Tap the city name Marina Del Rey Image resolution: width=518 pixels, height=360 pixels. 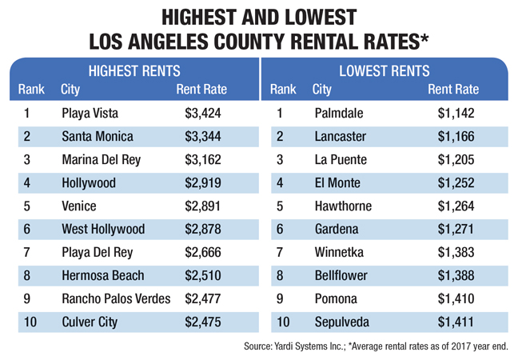pyautogui.click(x=101, y=159)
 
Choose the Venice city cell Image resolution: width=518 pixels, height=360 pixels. pyautogui.click(x=78, y=206)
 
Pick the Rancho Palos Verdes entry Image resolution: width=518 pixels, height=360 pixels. pyautogui.click(x=116, y=299)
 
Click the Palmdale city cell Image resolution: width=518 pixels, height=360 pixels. pyautogui.click(x=340, y=113)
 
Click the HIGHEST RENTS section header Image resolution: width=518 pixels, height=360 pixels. pyautogui.click(x=133, y=70)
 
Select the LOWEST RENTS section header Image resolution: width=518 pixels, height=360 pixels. pyautogui.click(x=385, y=70)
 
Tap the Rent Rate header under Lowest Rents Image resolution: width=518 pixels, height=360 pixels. pyautogui.click(x=452, y=89)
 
